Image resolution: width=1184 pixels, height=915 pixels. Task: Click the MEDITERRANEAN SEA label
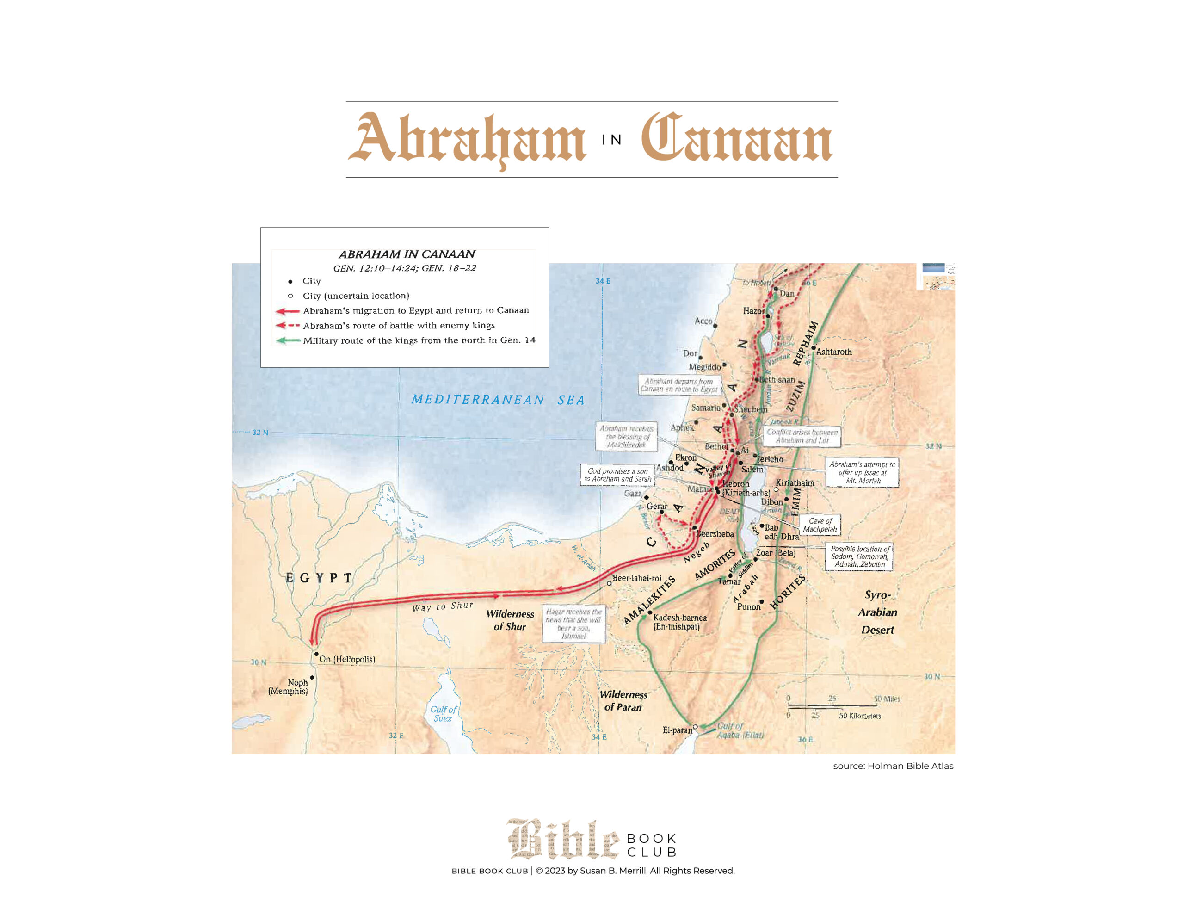point(498,400)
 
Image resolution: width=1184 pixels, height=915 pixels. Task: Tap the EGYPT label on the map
point(319,578)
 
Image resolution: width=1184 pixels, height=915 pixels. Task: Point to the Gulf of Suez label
point(444,714)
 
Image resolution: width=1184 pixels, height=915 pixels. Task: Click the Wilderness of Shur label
point(510,620)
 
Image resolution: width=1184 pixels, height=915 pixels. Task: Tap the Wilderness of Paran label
point(623,701)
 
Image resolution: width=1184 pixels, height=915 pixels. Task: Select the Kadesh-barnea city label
point(679,622)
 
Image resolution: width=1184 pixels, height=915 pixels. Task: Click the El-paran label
point(677,730)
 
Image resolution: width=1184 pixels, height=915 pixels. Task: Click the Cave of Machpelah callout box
point(820,525)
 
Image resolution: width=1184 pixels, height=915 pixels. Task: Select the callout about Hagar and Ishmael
point(573,624)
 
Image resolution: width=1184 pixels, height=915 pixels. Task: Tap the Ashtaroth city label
point(834,352)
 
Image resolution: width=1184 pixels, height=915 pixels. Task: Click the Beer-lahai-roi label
point(636,578)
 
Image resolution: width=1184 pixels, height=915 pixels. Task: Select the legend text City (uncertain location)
point(356,296)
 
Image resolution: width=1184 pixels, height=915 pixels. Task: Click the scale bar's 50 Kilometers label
point(860,716)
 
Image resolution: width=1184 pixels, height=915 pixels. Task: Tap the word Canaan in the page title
point(736,139)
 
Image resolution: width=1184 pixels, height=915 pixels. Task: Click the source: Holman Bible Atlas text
point(893,766)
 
